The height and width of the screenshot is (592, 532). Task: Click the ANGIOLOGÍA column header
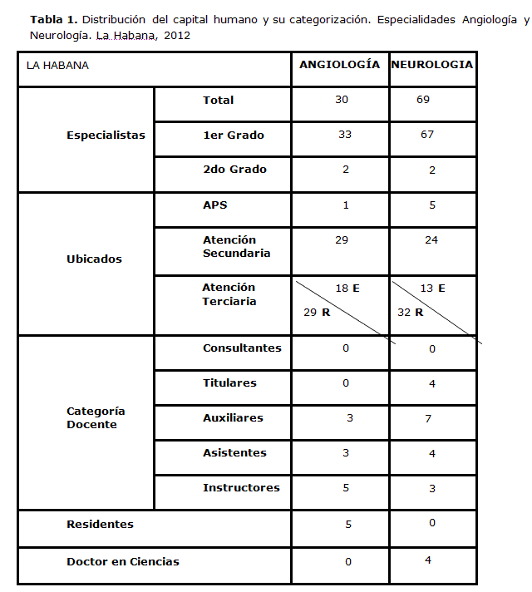point(339,65)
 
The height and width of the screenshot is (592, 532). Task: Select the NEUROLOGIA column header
point(432,65)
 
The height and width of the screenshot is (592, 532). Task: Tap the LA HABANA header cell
point(58,66)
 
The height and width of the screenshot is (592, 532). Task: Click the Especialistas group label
point(106,135)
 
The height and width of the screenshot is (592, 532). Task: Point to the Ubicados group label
point(94,259)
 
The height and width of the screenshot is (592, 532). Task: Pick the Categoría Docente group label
point(96,418)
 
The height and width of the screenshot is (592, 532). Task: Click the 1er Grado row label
point(234,135)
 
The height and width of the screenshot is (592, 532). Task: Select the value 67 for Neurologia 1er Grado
point(427,135)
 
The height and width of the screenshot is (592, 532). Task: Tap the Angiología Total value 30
point(342,100)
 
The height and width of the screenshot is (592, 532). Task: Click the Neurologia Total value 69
point(423,100)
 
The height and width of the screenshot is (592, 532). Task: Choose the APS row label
point(214,205)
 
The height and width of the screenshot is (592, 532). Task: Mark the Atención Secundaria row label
point(236,247)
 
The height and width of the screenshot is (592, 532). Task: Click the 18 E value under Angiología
point(347,289)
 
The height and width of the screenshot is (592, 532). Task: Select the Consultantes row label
point(242,348)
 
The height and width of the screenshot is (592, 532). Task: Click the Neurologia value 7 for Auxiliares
point(428,419)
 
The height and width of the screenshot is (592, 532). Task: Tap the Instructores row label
point(241,488)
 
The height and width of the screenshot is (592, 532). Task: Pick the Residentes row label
point(100,525)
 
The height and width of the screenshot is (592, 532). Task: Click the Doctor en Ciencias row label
point(123,562)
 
